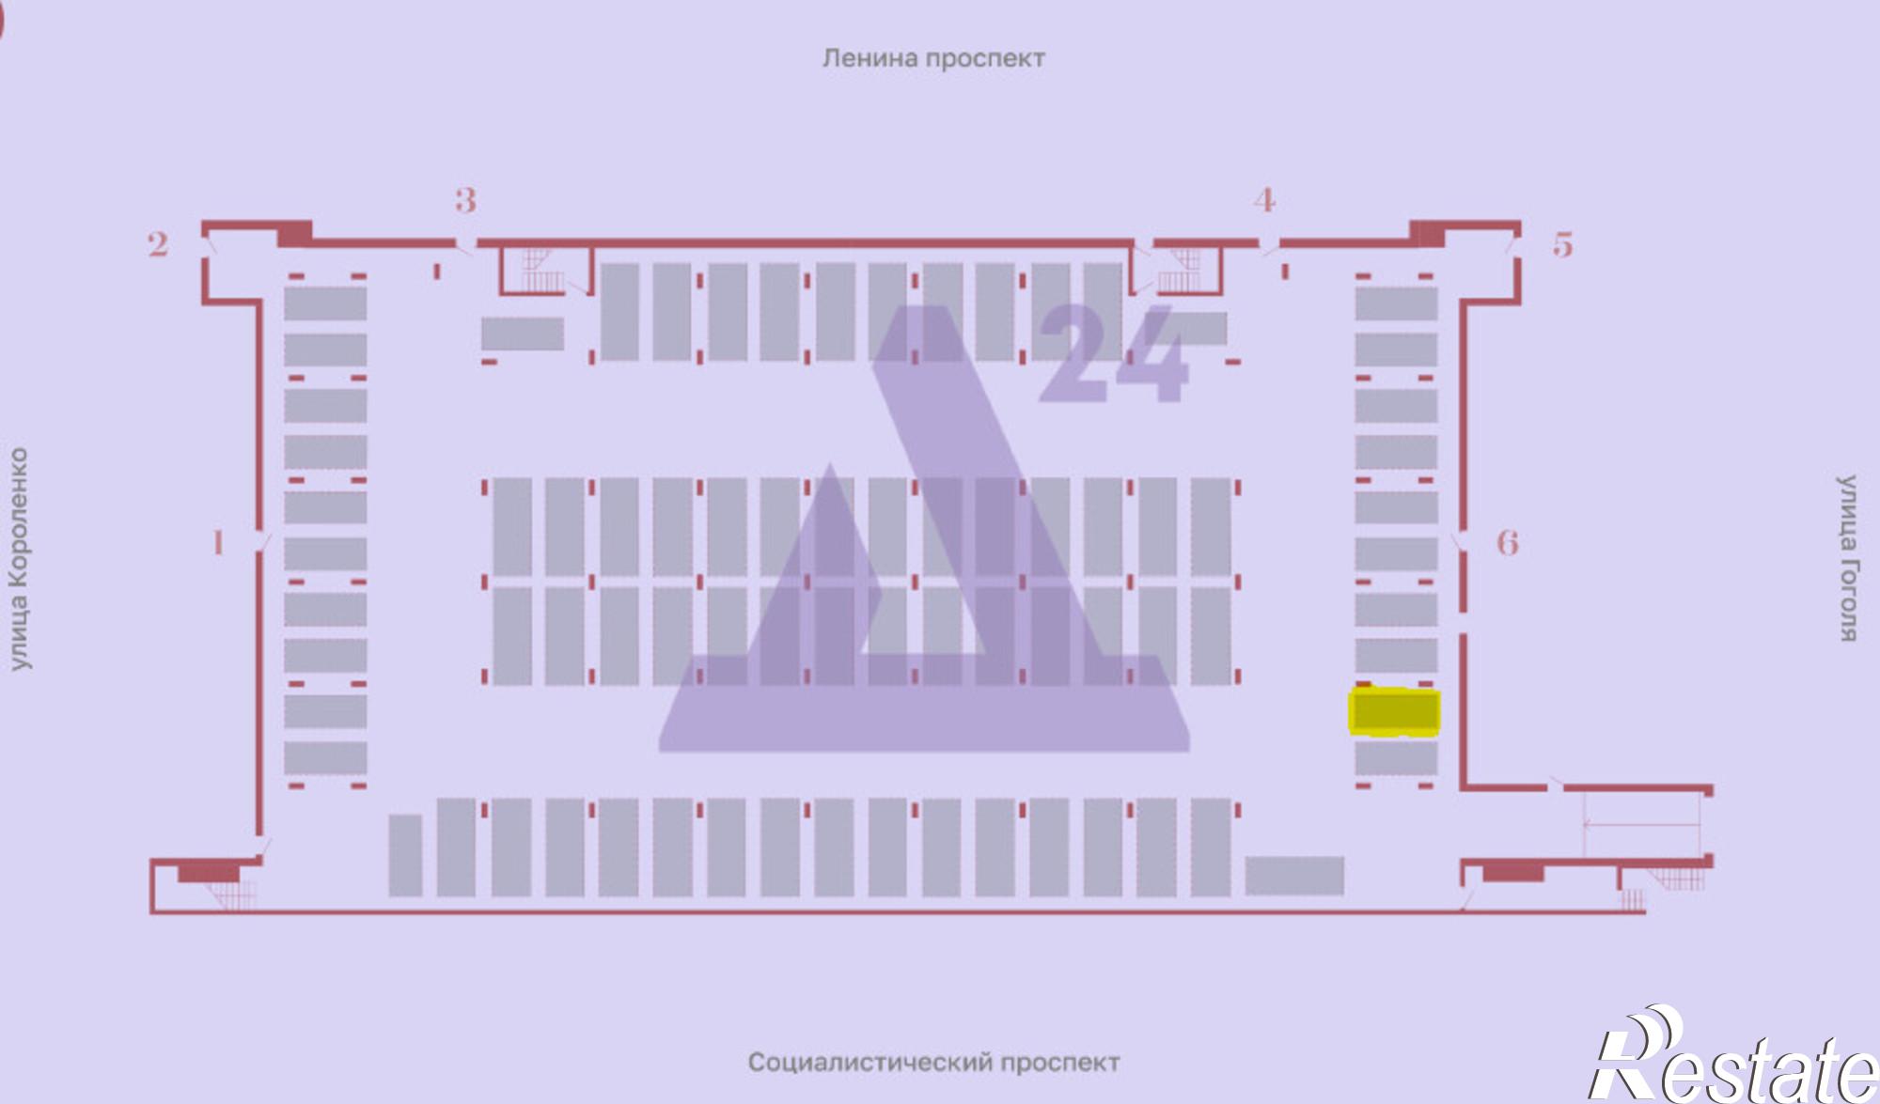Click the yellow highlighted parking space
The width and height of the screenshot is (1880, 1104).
coord(1395,711)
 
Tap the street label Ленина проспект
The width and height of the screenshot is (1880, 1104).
coord(933,58)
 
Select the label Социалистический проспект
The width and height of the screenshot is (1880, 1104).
coord(933,1063)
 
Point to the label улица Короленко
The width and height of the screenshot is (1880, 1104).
coord(20,559)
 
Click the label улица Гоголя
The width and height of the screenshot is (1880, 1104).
coord(1848,558)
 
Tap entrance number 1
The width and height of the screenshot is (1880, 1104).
coord(218,543)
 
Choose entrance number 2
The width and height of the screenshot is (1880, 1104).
coord(158,245)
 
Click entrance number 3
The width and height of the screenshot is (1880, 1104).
coord(465,200)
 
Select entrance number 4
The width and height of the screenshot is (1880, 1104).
coord(1264,200)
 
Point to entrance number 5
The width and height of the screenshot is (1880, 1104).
coord(1562,245)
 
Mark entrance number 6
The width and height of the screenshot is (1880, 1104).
coord(1508,543)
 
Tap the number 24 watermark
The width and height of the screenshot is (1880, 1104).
coord(1114,357)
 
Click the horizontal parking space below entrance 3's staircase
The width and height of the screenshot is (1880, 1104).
coord(523,334)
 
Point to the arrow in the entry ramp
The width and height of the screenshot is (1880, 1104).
coord(1640,825)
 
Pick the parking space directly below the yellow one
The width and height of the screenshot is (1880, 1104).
coord(1395,757)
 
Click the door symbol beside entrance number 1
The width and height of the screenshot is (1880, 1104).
coord(263,543)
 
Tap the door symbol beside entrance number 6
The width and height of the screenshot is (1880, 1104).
coord(1459,543)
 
